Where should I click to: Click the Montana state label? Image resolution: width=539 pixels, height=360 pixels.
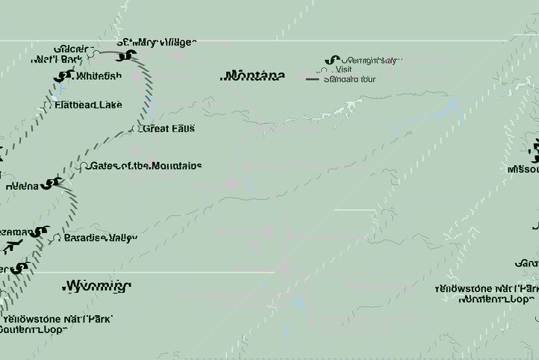(254, 75)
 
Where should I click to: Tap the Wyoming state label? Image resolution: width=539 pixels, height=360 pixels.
(96, 285)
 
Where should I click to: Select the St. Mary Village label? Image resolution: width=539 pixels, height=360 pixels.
(157, 42)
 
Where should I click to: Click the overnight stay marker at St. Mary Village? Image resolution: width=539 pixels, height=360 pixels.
(128, 55)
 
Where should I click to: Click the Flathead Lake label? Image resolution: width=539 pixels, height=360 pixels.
(88, 105)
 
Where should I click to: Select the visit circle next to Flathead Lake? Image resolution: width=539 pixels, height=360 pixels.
(49, 105)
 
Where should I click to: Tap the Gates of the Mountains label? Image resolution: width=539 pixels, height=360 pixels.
(145, 166)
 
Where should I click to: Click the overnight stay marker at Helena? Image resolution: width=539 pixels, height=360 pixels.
(50, 182)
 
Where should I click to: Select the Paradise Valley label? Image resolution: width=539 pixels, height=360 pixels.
(101, 238)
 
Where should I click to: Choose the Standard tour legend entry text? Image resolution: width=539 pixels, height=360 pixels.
(349, 78)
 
